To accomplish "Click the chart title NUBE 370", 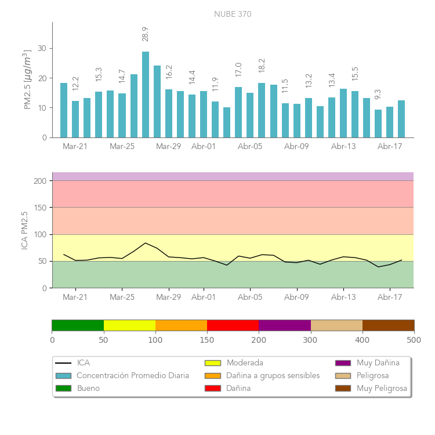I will tap(233, 14).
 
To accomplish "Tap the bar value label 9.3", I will tap(378, 94).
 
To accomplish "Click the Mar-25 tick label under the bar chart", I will tap(122, 147).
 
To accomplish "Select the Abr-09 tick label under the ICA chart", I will tap(296, 298).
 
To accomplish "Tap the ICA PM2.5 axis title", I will tap(25, 230).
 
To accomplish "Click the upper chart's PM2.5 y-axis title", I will tap(27, 79).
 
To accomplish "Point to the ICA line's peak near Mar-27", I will tap(146, 243).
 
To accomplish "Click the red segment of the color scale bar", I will tap(233, 325).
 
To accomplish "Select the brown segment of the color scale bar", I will tap(388, 325).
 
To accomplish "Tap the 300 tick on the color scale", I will tap(310, 339).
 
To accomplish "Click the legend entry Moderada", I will tap(245, 363).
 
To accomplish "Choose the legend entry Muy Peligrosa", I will tap(382, 389).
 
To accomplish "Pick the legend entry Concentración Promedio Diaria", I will tap(133, 376).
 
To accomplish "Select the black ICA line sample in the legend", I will tap(63, 363).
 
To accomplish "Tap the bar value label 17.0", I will tap(238, 70).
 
